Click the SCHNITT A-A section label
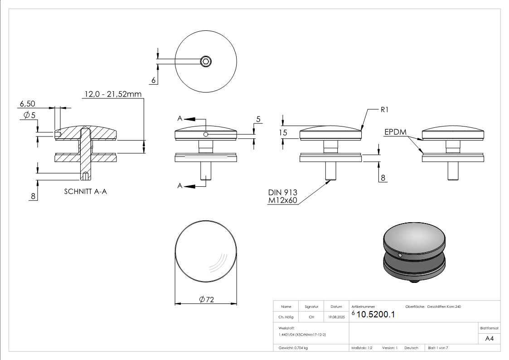(x=86, y=192)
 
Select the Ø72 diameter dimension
(x=206, y=299)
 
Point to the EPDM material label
(x=395, y=132)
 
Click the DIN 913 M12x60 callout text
(x=282, y=196)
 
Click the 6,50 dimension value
(x=27, y=104)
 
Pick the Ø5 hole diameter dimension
(x=29, y=115)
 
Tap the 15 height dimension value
(x=283, y=132)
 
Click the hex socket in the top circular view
(x=206, y=61)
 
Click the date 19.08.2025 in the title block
(x=336, y=317)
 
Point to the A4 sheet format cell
(x=490, y=338)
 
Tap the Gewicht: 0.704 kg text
(x=293, y=348)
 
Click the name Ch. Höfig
(x=286, y=317)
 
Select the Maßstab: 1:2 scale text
(x=362, y=348)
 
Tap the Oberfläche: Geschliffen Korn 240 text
(x=433, y=306)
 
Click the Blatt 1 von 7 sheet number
(x=438, y=348)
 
